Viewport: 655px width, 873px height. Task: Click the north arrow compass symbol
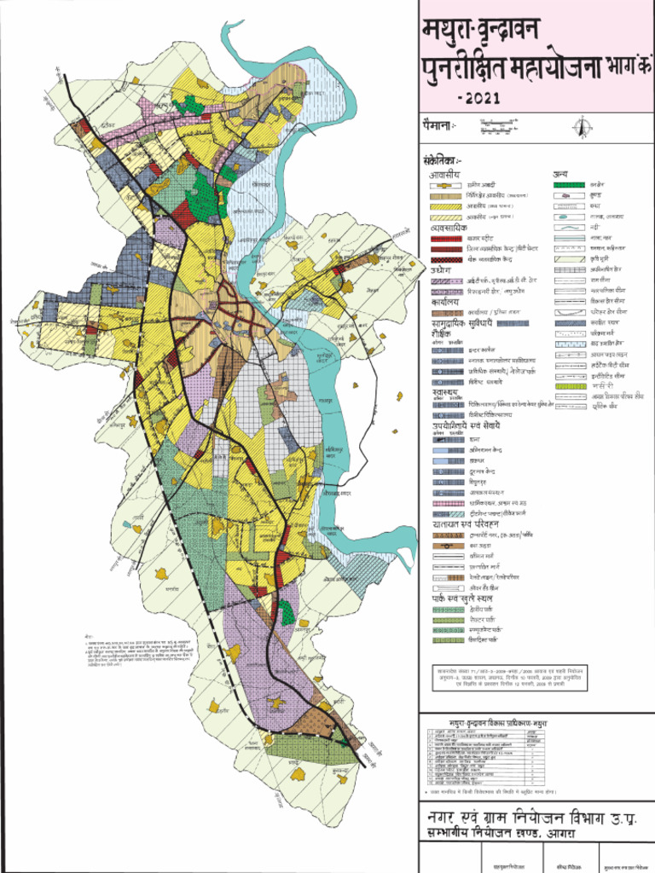pos(583,127)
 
